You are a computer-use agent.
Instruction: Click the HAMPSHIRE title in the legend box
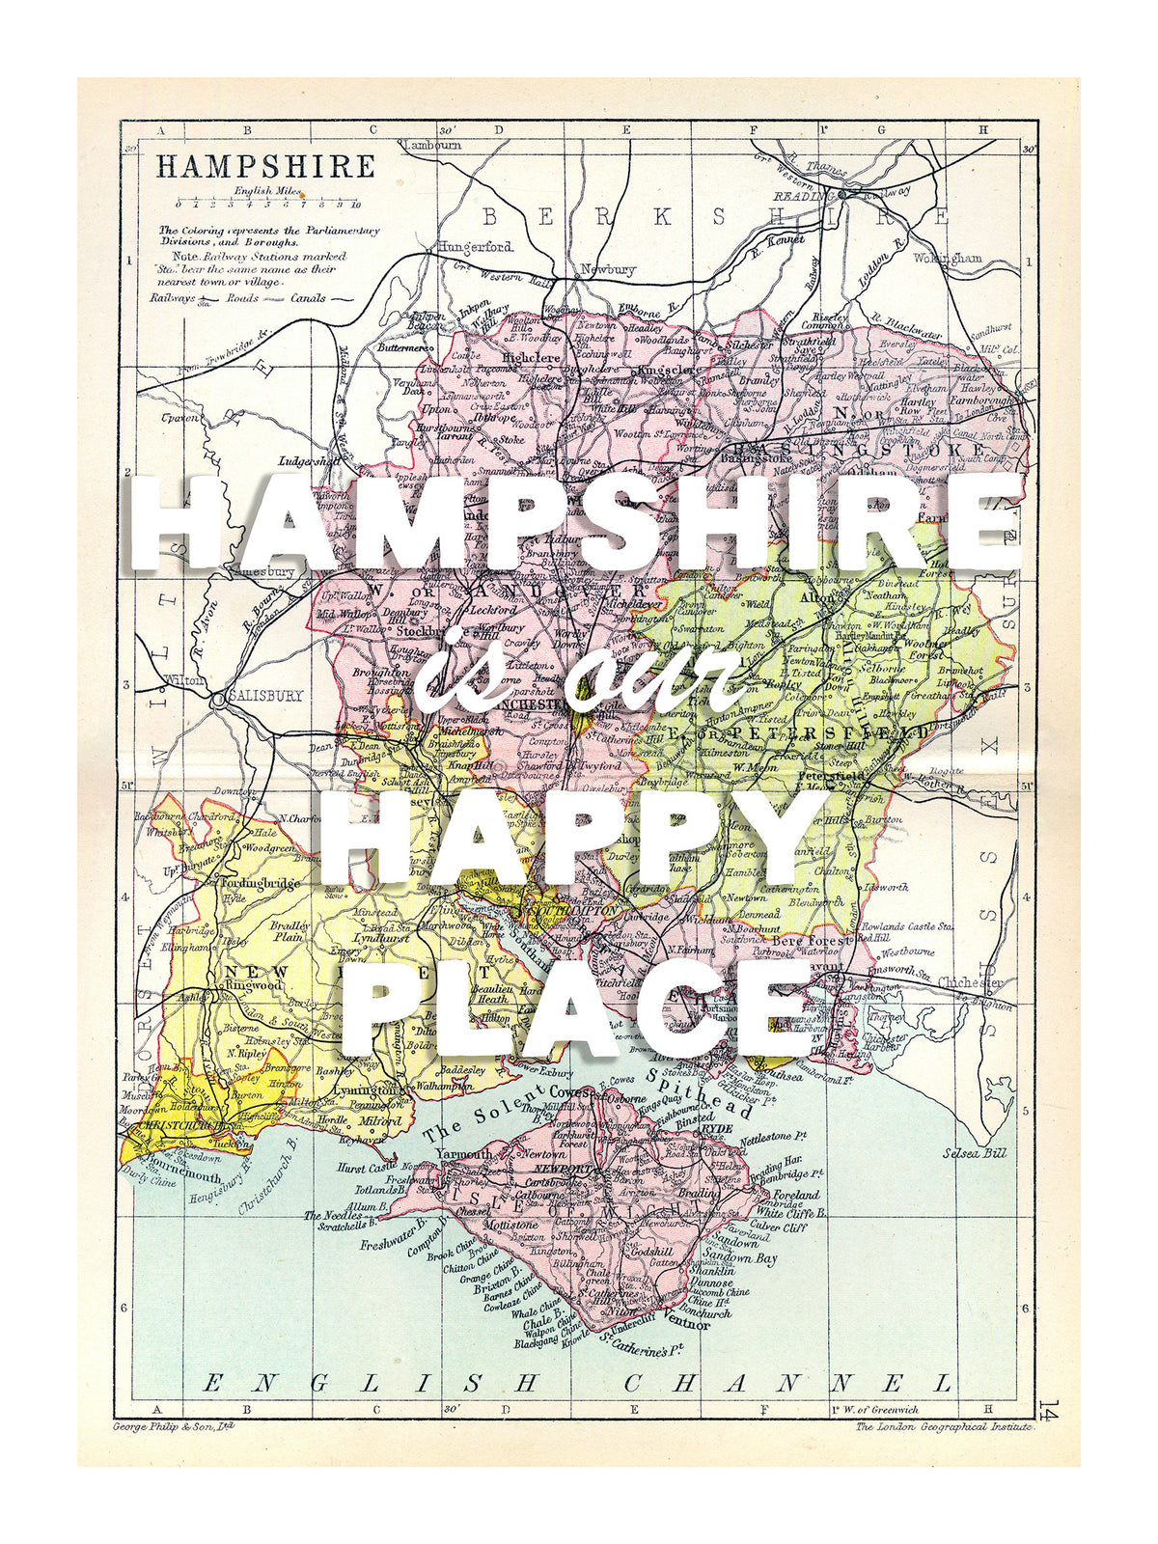point(265,166)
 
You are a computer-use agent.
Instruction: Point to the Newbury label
point(607,269)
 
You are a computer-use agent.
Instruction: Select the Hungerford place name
point(475,247)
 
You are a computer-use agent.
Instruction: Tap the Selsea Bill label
point(974,1153)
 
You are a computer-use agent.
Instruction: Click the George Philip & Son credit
point(174,1425)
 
